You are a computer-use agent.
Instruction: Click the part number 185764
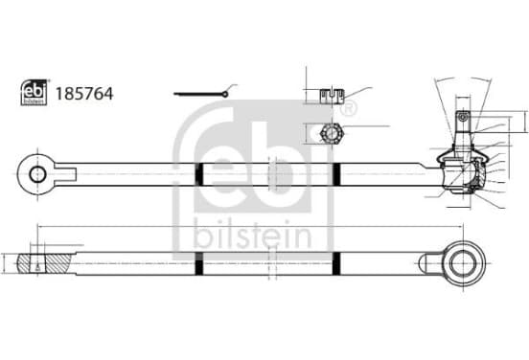coord(84,94)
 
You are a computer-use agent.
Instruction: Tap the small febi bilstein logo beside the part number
coord(34,92)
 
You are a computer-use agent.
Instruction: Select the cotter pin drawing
coord(201,94)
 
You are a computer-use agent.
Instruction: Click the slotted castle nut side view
coord(332,96)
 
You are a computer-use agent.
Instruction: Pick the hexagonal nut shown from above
coord(332,134)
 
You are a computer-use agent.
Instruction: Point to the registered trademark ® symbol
coord(349,109)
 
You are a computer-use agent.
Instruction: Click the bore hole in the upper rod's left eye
coord(37,174)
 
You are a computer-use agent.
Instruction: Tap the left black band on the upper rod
coord(199,174)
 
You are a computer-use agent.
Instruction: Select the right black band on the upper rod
coord(336,174)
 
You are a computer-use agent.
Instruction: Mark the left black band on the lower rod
coord(199,263)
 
